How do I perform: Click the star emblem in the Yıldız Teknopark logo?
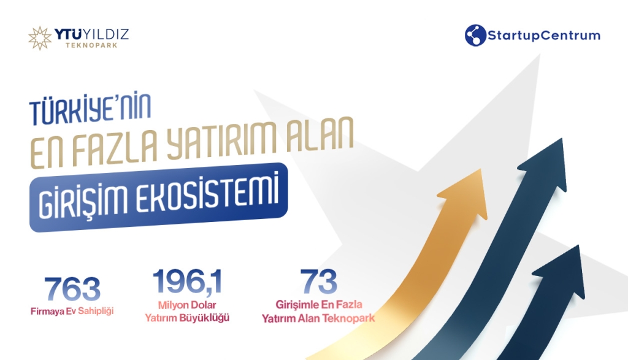point(40,39)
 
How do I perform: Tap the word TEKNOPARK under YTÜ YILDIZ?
point(92,45)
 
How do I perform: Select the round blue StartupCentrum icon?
point(475,35)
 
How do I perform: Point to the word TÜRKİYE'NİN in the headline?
point(90,108)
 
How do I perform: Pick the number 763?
point(72,289)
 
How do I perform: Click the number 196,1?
point(188,281)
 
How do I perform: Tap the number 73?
point(319,281)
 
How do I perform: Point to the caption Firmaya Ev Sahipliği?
point(72,311)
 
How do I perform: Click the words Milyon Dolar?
point(187,305)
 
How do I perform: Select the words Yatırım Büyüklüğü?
point(187,318)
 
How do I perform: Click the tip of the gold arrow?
point(481,169)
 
